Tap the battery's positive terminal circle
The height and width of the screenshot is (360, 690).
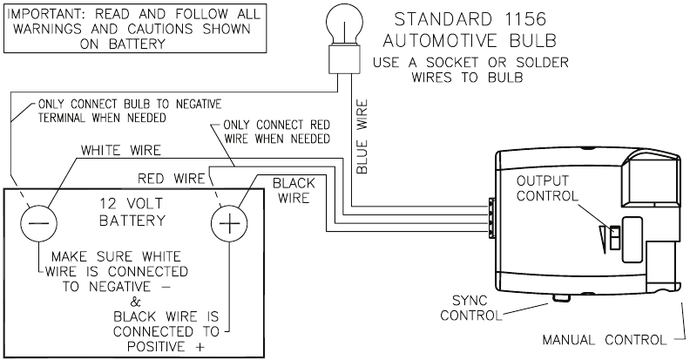click(228, 221)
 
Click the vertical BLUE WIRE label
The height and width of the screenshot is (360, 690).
click(362, 136)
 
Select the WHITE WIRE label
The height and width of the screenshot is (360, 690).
click(121, 151)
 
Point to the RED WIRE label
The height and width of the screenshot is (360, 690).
click(171, 178)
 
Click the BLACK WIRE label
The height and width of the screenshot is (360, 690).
click(294, 191)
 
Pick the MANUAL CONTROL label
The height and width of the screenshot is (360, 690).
click(600, 339)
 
